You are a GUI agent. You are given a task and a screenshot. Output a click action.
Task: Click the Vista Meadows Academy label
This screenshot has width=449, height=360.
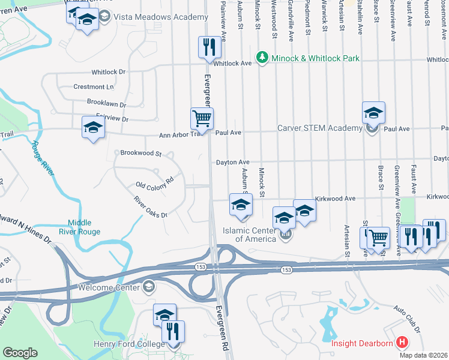152,17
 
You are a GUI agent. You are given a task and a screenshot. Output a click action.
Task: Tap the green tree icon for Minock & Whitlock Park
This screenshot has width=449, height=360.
262,58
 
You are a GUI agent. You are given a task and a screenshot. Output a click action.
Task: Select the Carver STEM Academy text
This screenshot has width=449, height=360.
319,128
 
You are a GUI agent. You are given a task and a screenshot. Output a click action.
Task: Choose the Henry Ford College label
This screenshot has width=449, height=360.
128,344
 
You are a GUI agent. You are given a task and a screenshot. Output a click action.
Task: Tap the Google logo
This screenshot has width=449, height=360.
19,353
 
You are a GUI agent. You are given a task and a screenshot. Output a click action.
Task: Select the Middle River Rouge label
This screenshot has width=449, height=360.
83,227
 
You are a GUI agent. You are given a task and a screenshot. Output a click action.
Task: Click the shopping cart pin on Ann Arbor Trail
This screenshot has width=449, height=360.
202,118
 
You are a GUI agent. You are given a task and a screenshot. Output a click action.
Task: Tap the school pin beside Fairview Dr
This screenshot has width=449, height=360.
93,127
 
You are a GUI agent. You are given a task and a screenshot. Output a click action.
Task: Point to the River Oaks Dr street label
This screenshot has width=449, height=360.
150,207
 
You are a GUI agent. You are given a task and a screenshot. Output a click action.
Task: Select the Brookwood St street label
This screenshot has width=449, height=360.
141,154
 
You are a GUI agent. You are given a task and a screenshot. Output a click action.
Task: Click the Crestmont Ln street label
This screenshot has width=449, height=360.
93,87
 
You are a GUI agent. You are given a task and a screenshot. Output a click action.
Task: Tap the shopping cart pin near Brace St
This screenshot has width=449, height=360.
378,238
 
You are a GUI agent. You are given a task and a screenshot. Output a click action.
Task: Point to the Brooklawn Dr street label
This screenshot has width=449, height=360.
107,103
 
